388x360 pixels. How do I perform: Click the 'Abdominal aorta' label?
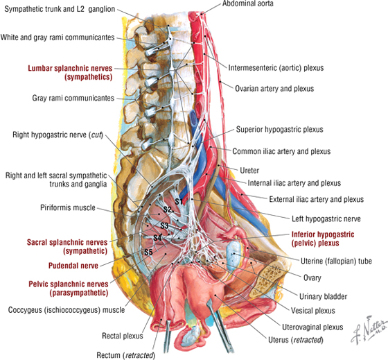(x=248, y=3)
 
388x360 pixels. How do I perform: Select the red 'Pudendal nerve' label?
(x=73, y=266)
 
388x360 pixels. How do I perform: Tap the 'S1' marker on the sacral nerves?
(x=179, y=201)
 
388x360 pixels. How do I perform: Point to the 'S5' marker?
(x=148, y=252)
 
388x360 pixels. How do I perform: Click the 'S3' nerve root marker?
(x=164, y=225)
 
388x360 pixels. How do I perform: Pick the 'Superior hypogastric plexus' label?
(x=279, y=129)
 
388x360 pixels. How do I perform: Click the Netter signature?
(x=369, y=329)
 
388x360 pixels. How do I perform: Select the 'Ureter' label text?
(x=249, y=171)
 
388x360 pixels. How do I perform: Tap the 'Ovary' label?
(x=312, y=277)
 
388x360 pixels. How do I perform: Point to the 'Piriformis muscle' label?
(x=68, y=207)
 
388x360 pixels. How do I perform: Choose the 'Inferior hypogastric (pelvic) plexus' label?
(x=323, y=239)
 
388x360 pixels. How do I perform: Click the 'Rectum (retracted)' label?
(x=125, y=355)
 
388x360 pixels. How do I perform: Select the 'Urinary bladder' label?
(x=323, y=296)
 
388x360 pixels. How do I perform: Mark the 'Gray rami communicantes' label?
(x=73, y=98)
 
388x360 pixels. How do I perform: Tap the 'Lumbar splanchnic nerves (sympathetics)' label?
(x=70, y=73)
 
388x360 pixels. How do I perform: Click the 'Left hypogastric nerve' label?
(x=326, y=218)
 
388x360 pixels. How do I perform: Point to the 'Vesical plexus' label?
(x=312, y=311)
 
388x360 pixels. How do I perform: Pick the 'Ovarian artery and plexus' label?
(x=274, y=89)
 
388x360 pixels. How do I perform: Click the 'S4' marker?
(x=157, y=238)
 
